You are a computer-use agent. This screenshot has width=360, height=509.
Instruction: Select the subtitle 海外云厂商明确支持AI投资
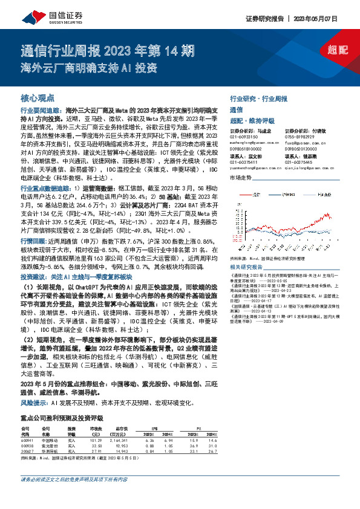point(88,66)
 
